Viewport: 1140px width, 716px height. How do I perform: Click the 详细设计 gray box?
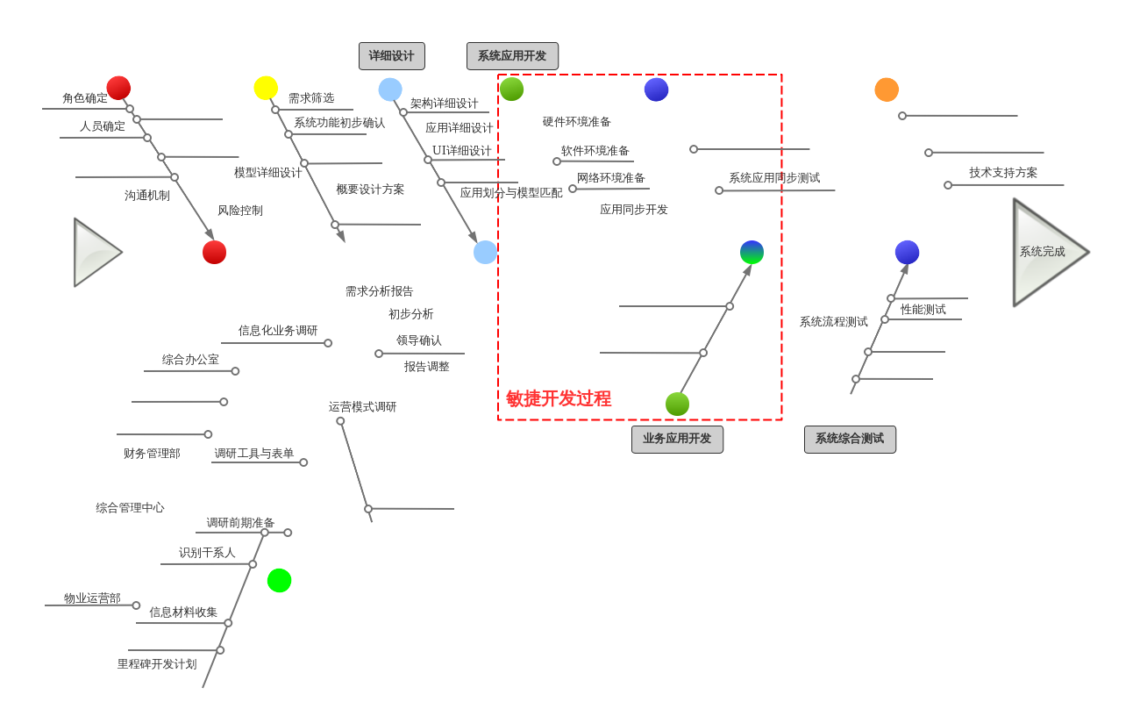(x=391, y=56)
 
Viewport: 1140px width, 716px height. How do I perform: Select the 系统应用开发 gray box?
(x=512, y=56)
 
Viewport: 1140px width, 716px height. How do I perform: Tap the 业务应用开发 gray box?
(x=677, y=439)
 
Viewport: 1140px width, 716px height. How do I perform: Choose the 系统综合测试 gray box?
(x=850, y=439)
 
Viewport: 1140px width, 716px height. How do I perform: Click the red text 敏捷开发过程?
(x=559, y=398)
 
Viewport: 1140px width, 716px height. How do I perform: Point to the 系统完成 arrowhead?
(x=1047, y=252)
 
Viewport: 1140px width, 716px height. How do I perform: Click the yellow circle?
(x=266, y=88)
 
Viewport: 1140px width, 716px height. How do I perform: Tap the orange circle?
(x=887, y=89)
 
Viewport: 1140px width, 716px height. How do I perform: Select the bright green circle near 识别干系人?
(x=279, y=580)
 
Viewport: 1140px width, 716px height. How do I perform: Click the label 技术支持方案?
(x=1003, y=173)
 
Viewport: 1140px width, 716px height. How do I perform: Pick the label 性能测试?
(x=923, y=310)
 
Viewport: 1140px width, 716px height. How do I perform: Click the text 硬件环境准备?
(x=576, y=122)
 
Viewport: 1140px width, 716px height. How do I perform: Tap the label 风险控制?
(x=240, y=211)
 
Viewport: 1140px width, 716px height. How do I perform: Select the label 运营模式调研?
(x=362, y=407)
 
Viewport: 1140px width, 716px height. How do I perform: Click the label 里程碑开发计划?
(x=157, y=664)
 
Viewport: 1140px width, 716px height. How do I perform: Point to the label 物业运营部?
(x=92, y=598)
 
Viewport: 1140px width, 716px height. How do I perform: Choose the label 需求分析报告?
(x=379, y=291)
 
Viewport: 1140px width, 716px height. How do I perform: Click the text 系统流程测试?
(x=833, y=322)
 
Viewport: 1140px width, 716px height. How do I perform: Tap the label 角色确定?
(x=85, y=98)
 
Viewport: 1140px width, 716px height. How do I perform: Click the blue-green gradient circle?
(x=752, y=252)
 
